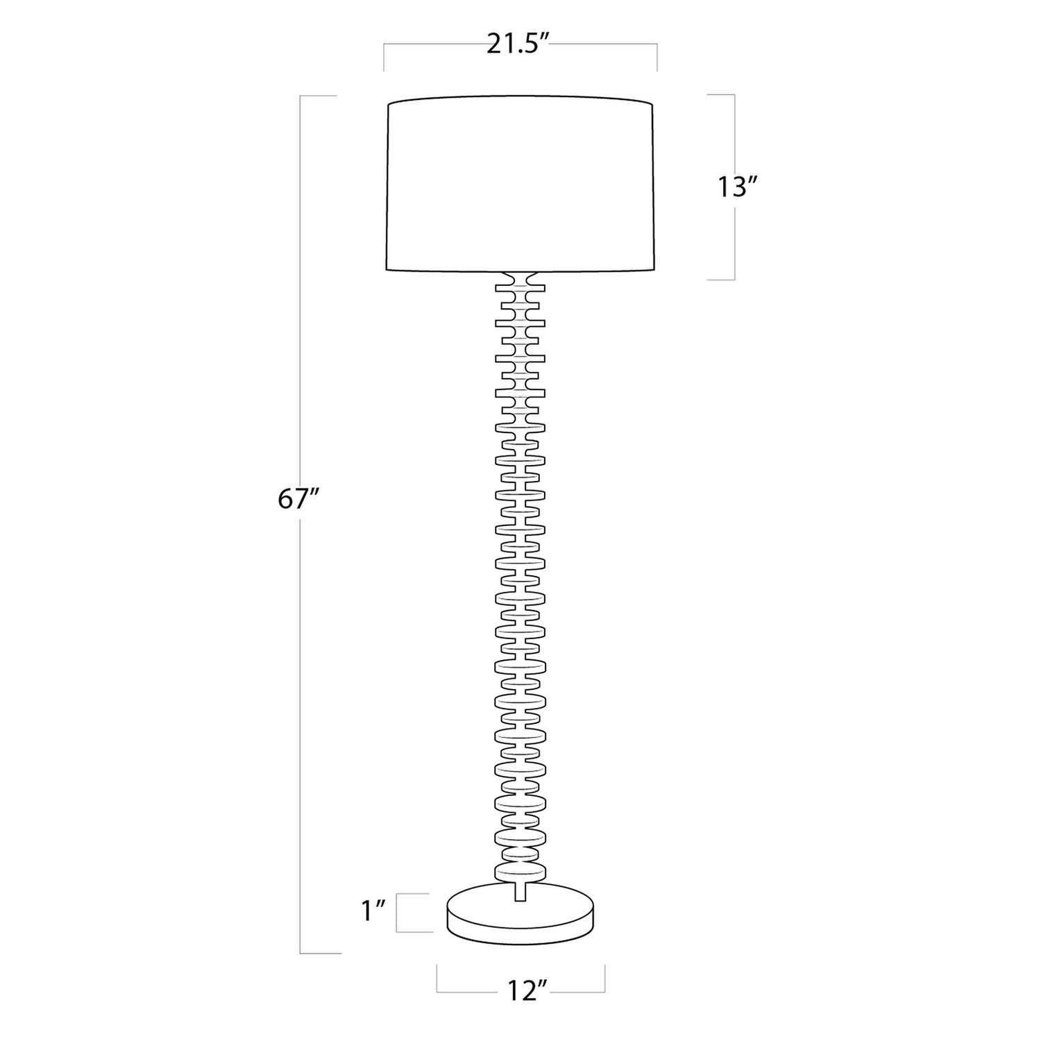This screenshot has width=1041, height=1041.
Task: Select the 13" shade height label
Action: pyautogui.click(x=736, y=187)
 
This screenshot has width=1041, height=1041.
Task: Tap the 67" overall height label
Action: pyautogui.click(x=298, y=499)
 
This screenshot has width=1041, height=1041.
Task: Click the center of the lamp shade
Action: pyautogui.click(x=520, y=186)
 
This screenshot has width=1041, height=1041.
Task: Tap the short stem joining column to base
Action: pyautogui.click(x=520, y=892)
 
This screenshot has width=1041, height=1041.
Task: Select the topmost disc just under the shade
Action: pyautogui.click(x=520, y=285)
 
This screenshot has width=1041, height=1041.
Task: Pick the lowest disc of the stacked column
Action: pyautogui.click(x=520, y=873)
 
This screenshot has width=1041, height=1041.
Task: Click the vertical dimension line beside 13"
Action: pyautogui.click(x=734, y=236)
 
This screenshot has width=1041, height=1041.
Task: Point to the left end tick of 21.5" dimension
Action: pyautogui.click(x=384, y=58)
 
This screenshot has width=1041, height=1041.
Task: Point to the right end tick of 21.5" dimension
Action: pyautogui.click(x=657, y=58)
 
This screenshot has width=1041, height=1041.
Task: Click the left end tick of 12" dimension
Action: pyautogui.click(x=437, y=979)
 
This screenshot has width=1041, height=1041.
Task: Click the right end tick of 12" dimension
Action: pyautogui.click(x=605, y=979)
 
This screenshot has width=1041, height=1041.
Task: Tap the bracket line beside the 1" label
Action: pyautogui.click(x=397, y=913)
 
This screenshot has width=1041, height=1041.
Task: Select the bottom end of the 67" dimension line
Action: pyautogui.click(x=301, y=953)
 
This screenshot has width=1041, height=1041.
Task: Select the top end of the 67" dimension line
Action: pyautogui.click(x=301, y=96)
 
